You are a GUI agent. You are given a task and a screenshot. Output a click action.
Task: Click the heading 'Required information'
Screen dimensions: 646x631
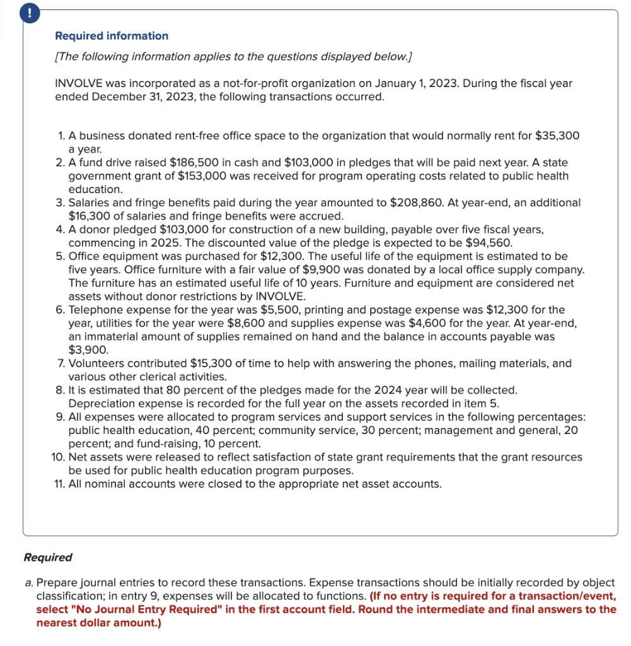pyautogui.click(x=112, y=36)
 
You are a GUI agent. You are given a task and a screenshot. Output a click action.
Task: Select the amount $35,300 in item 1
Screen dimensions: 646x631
pyautogui.click(x=557, y=136)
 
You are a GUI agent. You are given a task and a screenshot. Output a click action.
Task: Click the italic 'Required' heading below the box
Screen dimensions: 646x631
pyautogui.click(x=47, y=558)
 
